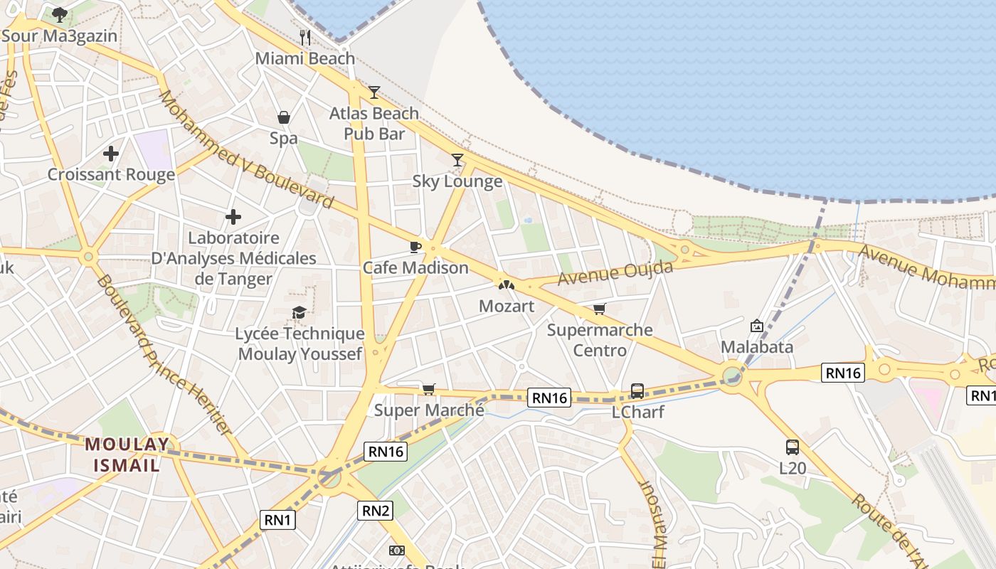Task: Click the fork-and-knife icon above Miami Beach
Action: pos(305,37)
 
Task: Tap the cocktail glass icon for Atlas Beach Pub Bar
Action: pos(374,92)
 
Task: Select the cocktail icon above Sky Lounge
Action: pos(457,160)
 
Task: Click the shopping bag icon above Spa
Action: pos(283,117)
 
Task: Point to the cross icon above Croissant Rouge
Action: pos(111,153)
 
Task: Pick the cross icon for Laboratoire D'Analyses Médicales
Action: pos(233,217)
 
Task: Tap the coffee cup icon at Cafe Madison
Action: pos(415,247)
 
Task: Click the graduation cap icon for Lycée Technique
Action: pos(299,312)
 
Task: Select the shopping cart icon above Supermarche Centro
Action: pos(600,309)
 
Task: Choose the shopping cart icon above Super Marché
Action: pos(428,389)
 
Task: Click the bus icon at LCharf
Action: pos(637,391)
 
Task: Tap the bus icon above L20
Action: pos(793,447)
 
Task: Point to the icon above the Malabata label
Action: pos(757,326)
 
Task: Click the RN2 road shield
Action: pos(375,510)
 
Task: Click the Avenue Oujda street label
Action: pos(615,272)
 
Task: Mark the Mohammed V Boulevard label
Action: pos(245,149)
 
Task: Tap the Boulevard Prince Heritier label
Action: pos(164,356)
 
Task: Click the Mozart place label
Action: pos(507,307)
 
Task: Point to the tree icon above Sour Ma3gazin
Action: pos(60,14)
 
